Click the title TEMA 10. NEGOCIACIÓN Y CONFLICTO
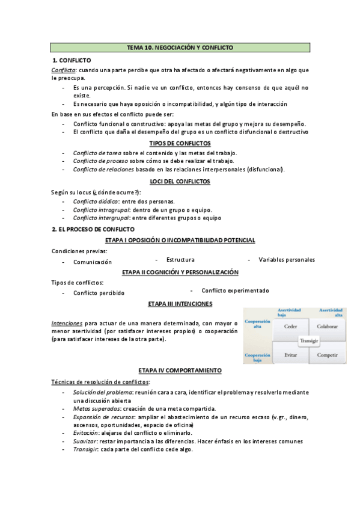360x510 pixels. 180,47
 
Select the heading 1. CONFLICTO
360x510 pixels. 72,61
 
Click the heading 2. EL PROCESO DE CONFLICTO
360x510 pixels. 93,230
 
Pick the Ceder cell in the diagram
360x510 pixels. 290,327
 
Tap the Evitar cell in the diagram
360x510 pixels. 290,355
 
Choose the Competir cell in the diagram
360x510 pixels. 327,355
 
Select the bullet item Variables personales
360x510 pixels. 286,260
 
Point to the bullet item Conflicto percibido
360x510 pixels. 99,293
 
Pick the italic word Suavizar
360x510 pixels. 85,441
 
